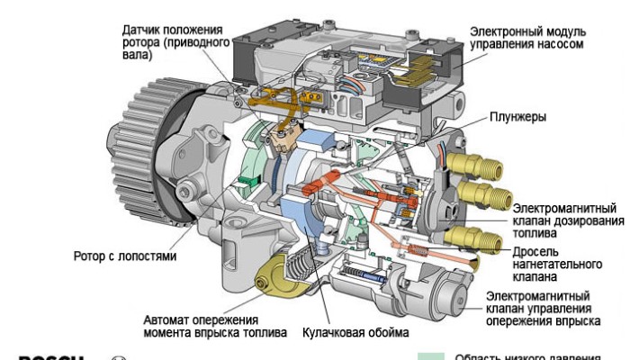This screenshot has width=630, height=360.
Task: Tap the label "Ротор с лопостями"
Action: pyautogui.click(x=124, y=256)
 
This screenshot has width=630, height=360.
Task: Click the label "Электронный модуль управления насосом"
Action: pyautogui.click(x=526, y=37)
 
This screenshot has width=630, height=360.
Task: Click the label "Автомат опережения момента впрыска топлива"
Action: pyautogui.click(x=214, y=326)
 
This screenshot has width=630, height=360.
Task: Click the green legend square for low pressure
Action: pyautogui.click(x=436, y=355)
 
